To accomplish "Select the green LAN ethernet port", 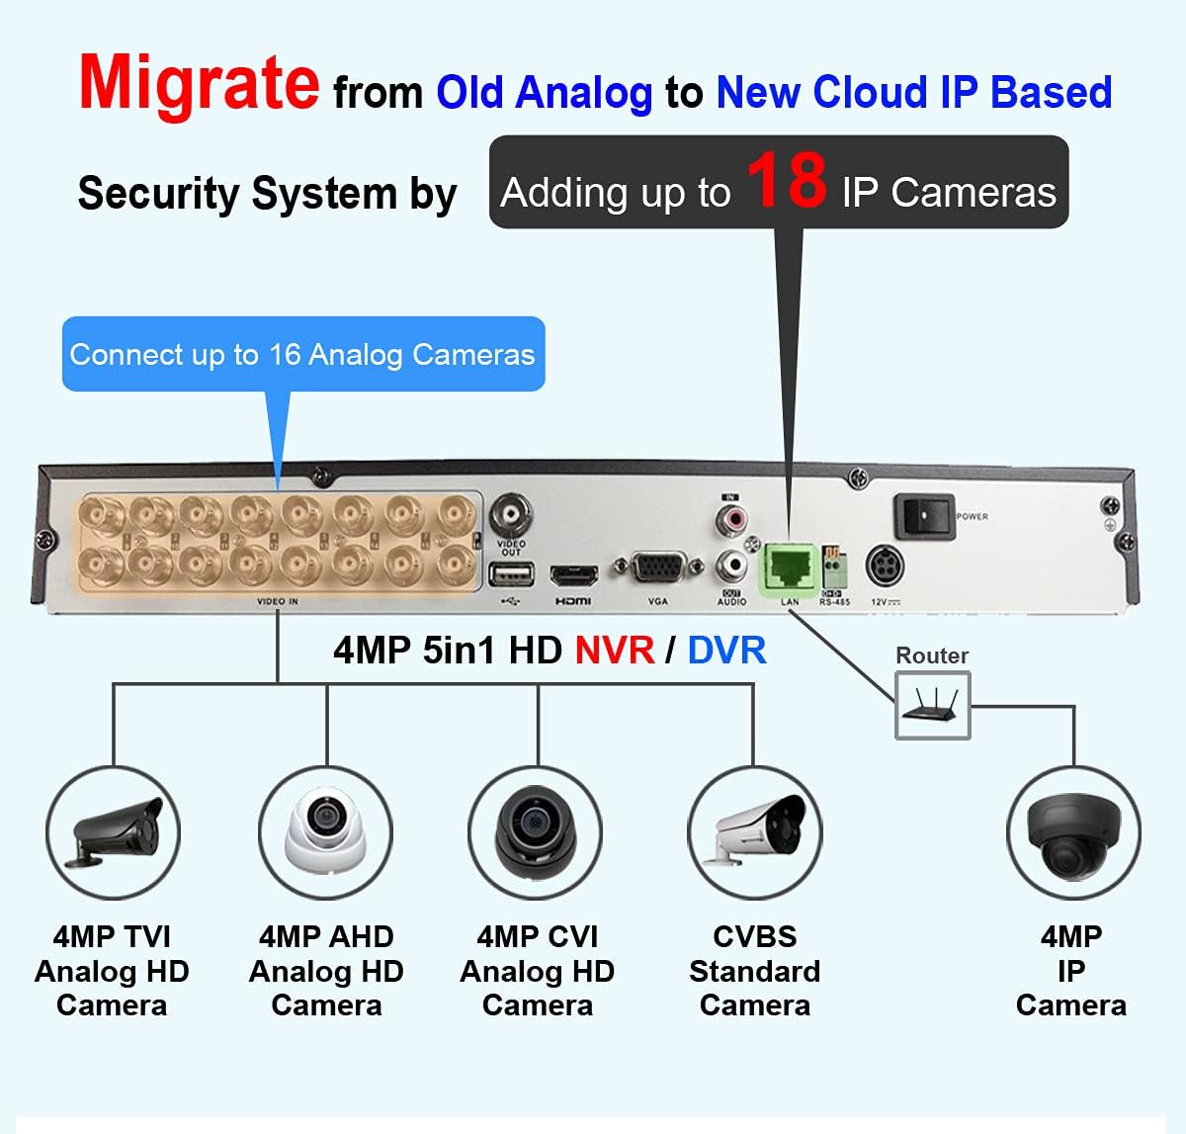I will pos(788,569).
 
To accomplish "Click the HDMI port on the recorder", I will pos(573,574).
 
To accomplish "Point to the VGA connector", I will pos(657,570).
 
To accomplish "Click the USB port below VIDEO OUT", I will pos(510,575).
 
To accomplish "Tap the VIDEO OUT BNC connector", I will pos(511,514).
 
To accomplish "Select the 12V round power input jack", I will pos(885,567).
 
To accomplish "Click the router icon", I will pos(932,706).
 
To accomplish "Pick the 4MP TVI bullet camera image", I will pos(113,832).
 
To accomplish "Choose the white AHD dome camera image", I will pos(325,832).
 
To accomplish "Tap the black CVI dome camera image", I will pos(537,832).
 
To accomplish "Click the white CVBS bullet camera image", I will pos(755,832).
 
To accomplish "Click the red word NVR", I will pos(614,651).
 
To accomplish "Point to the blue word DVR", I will pos(726,651).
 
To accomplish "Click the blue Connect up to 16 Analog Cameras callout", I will pos(302,354).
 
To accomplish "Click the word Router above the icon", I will pos(931,655).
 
